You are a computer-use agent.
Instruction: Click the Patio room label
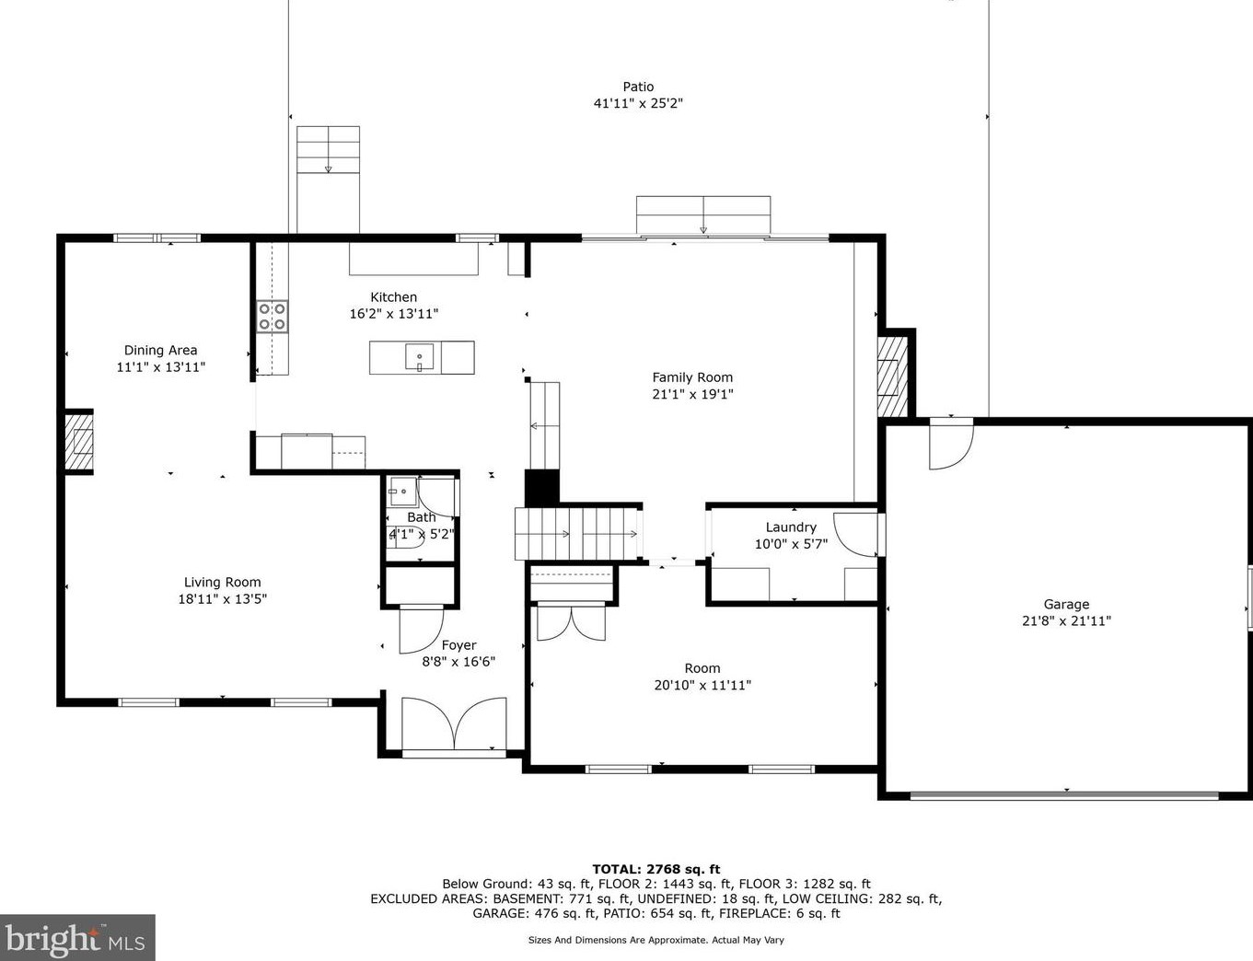638,87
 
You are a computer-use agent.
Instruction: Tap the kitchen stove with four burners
273,317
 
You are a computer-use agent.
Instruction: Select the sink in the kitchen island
419,357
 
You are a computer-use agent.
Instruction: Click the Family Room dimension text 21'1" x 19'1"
692,394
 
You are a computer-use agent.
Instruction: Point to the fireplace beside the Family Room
892,376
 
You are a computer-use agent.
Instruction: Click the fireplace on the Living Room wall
79,442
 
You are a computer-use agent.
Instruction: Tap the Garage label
1066,604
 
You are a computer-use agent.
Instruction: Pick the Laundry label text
791,527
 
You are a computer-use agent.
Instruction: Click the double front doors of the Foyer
455,724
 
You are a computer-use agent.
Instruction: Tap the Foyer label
459,645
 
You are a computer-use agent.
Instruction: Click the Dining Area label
160,350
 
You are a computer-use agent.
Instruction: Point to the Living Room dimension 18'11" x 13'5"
223,599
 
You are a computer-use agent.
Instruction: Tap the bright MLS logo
77,937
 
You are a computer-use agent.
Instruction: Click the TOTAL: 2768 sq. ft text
656,869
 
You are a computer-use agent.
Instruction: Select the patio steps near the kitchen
328,150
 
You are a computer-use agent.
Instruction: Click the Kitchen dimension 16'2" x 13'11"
394,314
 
